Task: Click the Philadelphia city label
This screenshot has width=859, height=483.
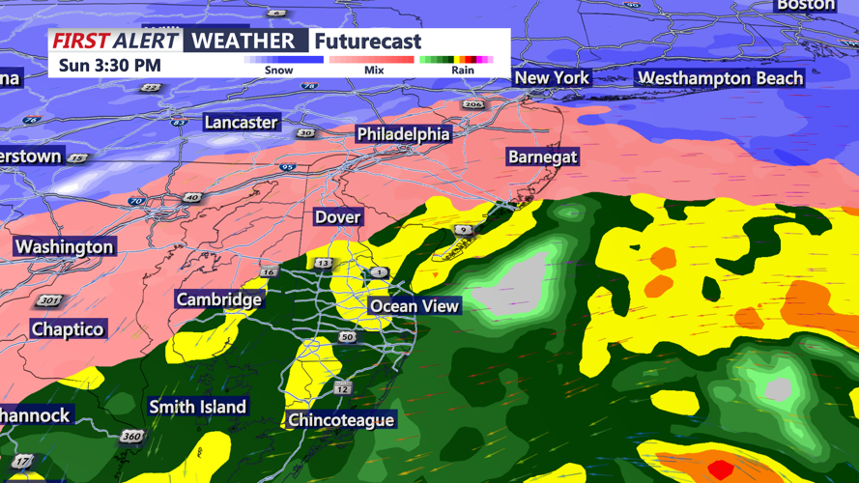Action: [403, 134]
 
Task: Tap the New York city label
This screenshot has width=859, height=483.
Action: [551, 78]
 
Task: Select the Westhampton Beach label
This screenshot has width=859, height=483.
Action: [720, 78]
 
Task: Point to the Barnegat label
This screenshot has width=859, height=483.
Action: [542, 156]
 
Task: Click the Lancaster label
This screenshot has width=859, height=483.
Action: [241, 123]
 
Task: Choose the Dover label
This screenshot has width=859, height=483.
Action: [337, 217]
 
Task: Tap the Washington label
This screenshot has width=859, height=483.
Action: [64, 247]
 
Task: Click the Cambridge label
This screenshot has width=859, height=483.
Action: [218, 299]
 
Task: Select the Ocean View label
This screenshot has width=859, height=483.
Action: [415, 306]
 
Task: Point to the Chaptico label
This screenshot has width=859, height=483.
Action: [67, 329]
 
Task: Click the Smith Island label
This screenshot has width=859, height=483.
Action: [197, 407]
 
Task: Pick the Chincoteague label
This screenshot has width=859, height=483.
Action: [341, 420]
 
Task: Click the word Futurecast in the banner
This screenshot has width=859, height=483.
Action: [367, 42]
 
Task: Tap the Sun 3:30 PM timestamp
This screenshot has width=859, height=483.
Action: [109, 66]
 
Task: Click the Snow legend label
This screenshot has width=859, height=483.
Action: [279, 71]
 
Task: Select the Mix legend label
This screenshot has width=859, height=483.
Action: [374, 71]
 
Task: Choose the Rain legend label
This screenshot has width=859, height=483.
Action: [463, 71]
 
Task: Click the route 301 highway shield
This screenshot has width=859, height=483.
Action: [47, 301]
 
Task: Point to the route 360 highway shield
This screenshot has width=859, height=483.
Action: [131, 437]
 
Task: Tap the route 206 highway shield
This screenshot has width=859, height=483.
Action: [472, 104]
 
